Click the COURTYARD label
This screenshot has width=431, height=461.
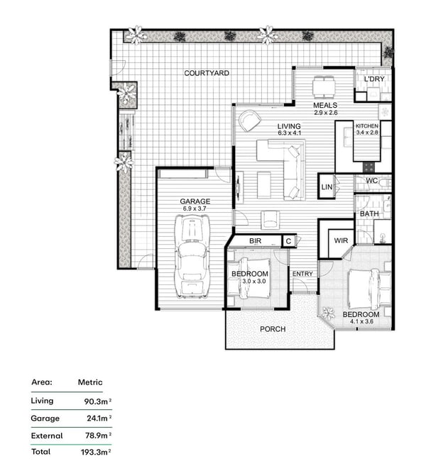pos(207,73)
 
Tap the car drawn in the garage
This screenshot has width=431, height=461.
pos(192,256)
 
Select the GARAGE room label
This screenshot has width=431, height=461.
pos(195,201)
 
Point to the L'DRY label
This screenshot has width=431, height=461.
pos(374,79)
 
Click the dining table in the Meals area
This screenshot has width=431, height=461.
pos(324,87)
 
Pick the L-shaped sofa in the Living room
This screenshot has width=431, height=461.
pos(281,170)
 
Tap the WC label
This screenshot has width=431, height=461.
pos(371,181)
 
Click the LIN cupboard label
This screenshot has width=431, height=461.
pos(327,187)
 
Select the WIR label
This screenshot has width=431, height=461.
pos(341,240)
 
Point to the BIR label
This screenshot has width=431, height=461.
pos(255,241)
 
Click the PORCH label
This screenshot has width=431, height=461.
pos(273,329)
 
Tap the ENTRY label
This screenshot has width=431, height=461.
pos(302,274)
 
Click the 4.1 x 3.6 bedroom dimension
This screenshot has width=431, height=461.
pos(361,321)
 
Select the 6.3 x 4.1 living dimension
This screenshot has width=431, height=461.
pos(289,133)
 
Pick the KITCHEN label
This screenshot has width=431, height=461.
pos(367,126)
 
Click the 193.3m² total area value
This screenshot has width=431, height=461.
pos(96,452)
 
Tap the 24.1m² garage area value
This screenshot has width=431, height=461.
pos(99,418)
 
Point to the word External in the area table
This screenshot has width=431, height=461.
pos(47,435)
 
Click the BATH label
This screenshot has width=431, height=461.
pos(369,213)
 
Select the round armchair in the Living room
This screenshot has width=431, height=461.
pos(249,121)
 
